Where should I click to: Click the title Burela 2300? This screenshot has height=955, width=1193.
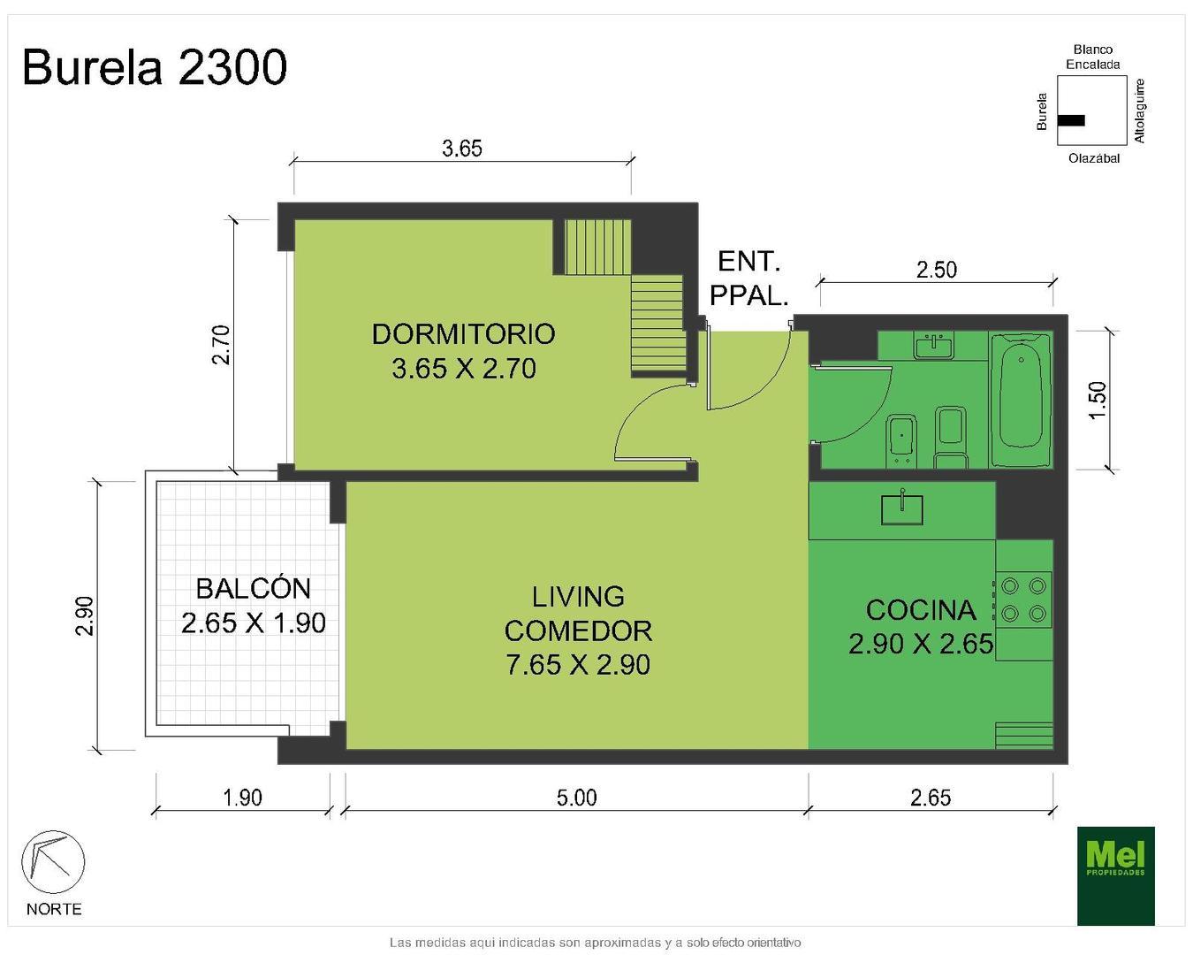point(155,67)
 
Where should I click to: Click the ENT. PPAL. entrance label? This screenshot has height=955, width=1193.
point(749,279)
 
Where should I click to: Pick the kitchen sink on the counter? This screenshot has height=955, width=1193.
point(901,509)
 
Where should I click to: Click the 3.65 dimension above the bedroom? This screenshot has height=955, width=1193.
point(462,148)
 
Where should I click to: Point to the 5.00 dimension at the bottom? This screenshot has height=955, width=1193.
point(576,798)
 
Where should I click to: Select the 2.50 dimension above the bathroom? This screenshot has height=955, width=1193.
point(936,269)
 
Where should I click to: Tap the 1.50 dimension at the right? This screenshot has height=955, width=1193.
point(1098,400)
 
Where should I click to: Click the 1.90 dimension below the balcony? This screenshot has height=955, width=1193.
point(242,798)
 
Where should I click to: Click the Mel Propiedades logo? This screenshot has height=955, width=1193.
point(1115,875)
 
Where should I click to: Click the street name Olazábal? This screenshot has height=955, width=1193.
point(1093,159)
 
